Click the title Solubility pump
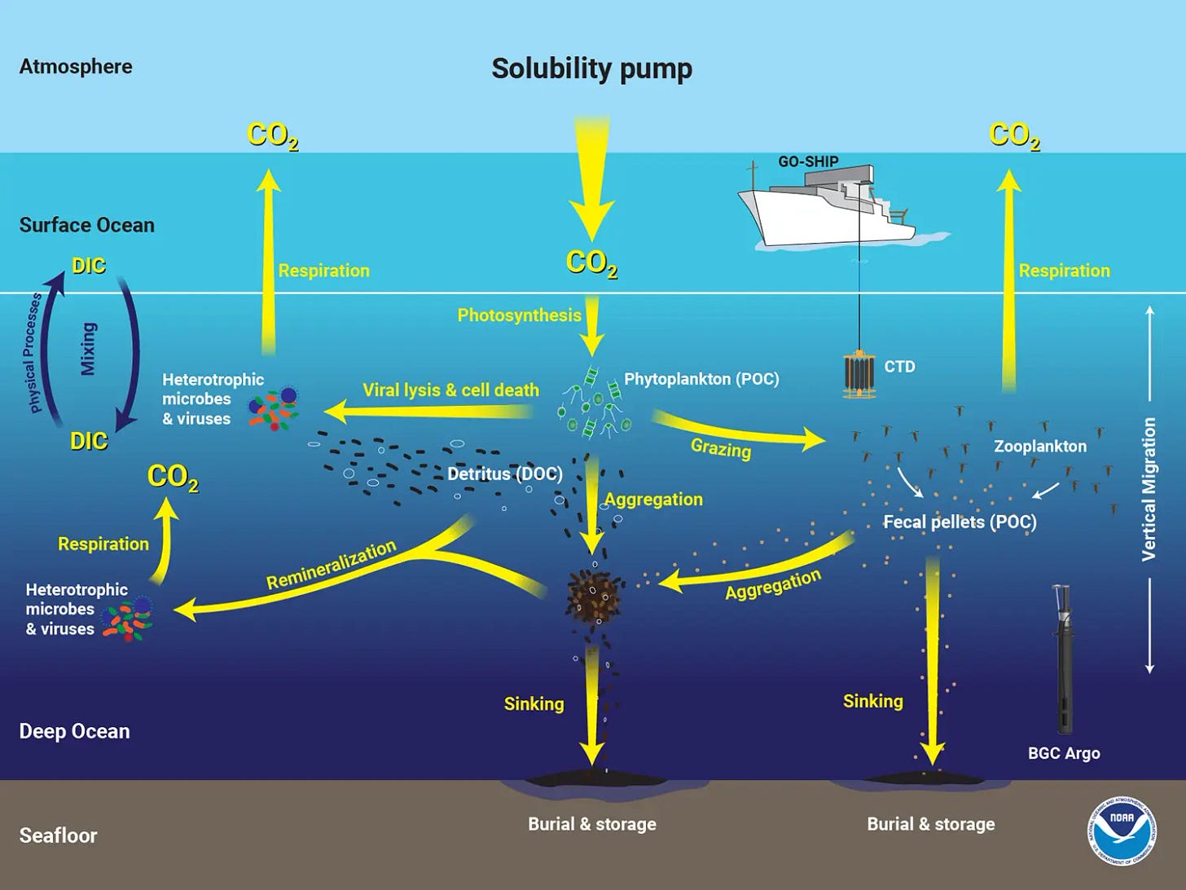point(591,68)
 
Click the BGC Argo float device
point(1062,660)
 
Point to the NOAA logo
point(1122,831)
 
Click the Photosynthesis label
point(519,315)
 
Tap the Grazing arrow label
point(720,447)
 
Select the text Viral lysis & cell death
point(450,390)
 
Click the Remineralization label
point(332,564)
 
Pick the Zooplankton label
point(1039,447)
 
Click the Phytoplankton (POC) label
point(701,379)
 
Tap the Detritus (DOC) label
point(505,474)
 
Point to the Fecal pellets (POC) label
point(960,522)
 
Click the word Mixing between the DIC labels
point(88,349)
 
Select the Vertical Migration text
point(1149,489)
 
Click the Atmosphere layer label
point(76,67)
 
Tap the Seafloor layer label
point(58,835)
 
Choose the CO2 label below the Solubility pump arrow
point(591,262)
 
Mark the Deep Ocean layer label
point(74,731)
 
